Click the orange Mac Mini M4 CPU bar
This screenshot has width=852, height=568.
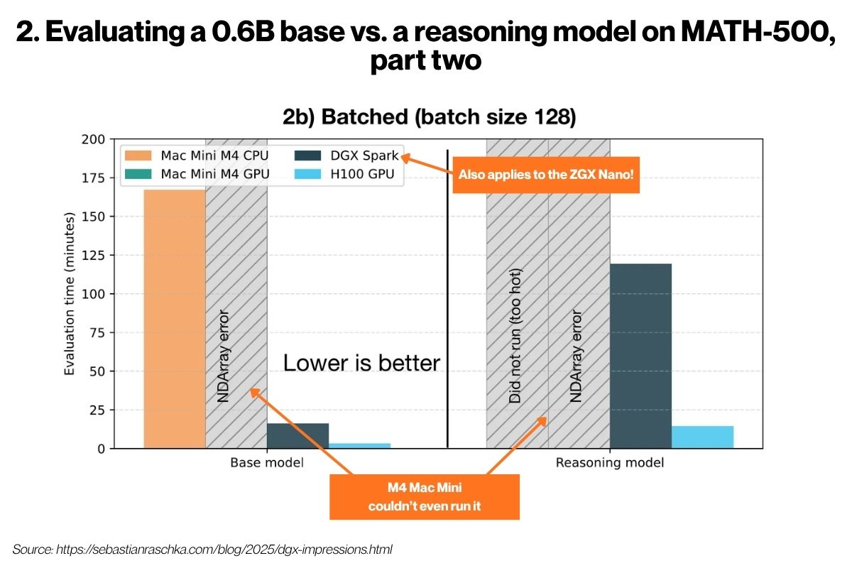175,319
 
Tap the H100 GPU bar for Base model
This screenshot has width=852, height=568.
359,445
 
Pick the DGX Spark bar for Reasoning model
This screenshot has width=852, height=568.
640,355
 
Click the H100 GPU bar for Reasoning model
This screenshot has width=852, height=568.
702,437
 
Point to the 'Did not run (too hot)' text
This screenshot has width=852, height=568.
516,336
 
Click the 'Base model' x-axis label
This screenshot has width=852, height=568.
266,463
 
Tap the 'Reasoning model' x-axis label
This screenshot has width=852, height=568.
609,463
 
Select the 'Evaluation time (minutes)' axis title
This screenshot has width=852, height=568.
70,294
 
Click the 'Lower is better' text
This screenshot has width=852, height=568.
361,363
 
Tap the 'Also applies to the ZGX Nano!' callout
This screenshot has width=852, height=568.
546,175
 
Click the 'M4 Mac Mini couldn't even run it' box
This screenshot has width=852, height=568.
425,497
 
